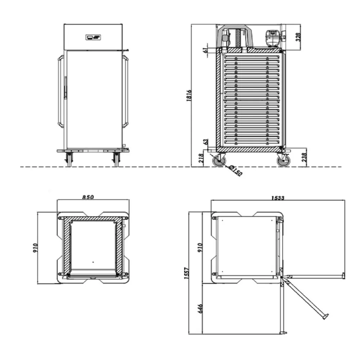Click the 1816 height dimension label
189,95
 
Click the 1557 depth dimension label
186,275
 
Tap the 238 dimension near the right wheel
304,157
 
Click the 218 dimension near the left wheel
201,158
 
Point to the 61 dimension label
205,50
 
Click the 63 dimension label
206,141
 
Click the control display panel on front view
93,37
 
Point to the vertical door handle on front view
65,87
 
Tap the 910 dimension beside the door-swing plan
201,248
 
